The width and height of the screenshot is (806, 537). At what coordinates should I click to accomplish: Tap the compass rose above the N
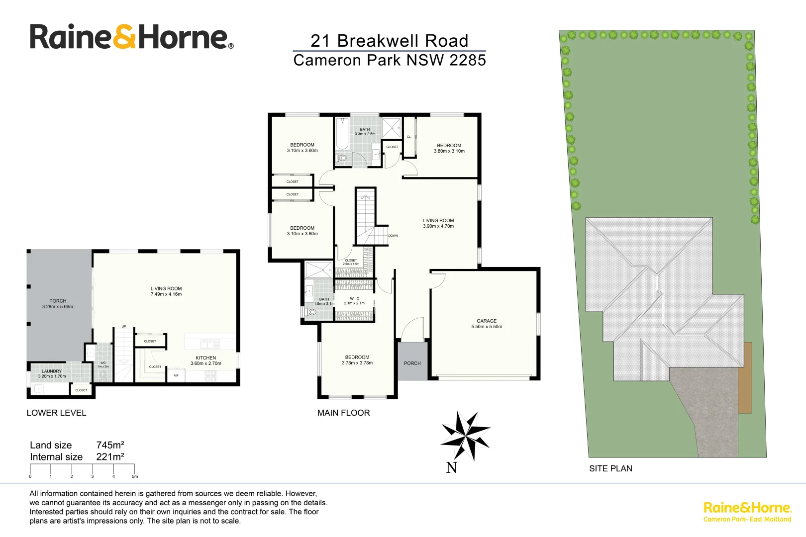coord(466,436)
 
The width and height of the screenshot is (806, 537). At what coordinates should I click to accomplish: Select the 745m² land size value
coord(110,445)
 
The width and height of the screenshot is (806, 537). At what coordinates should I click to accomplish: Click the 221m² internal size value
coord(110,457)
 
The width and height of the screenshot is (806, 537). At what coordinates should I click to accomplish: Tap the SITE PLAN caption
coord(610,468)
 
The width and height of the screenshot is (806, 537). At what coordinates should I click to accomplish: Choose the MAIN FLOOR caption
coord(343,413)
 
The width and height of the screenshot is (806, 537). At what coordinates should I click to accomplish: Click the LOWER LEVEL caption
coord(56,413)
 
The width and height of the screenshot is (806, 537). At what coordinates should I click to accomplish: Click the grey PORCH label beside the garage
coord(412,363)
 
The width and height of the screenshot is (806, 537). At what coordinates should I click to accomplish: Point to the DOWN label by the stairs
coord(393,236)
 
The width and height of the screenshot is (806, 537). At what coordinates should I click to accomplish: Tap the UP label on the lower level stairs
coord(124,327)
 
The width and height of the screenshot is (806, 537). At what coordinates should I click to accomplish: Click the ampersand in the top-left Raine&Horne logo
coord(124,37)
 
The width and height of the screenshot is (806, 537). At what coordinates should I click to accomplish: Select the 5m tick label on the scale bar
coord(135,476)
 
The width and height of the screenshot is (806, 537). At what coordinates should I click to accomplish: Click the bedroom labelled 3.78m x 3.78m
coord(357,360)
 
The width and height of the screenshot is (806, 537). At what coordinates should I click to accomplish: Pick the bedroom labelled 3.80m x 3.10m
coord(449,148)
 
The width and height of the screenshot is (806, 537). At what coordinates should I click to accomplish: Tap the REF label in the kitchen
coord(176,375)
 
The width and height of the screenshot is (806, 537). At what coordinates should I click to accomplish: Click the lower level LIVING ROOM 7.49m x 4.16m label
coord(166,291)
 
